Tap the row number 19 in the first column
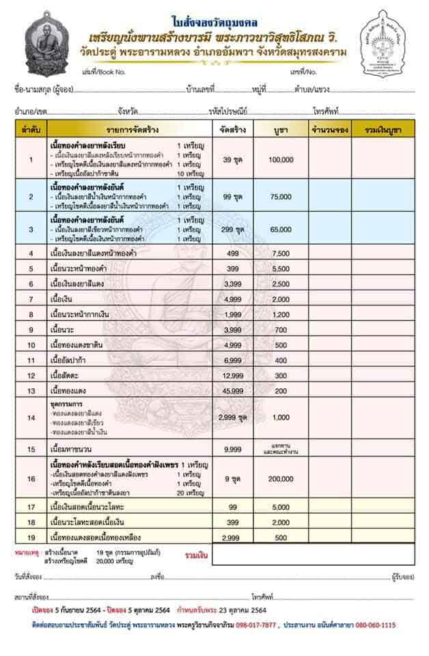[x=31, y=537]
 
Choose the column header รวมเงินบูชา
[x=383, y=129]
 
